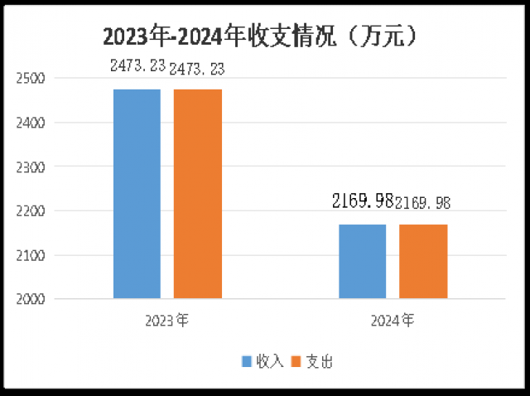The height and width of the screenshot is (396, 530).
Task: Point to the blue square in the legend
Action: (x=246, y=361)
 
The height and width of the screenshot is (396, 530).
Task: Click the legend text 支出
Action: (x=320, y=361)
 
